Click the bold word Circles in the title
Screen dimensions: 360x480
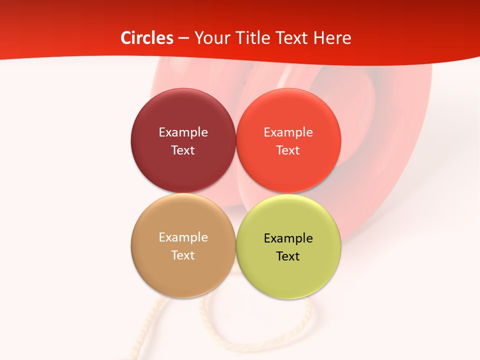coord(146,38)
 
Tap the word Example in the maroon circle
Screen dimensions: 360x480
coord(183,132)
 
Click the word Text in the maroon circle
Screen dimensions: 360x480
coord(183,150)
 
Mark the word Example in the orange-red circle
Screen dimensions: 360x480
coord(288,132)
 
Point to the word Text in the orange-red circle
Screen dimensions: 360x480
coord(288,150)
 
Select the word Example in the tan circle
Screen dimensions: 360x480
coord(183,237)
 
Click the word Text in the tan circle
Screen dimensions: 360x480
coord(183,255)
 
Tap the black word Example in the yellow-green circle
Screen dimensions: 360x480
coord(288,238)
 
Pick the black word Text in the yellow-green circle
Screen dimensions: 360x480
coord(288,256)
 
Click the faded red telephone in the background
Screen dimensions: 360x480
coord(390,150)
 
